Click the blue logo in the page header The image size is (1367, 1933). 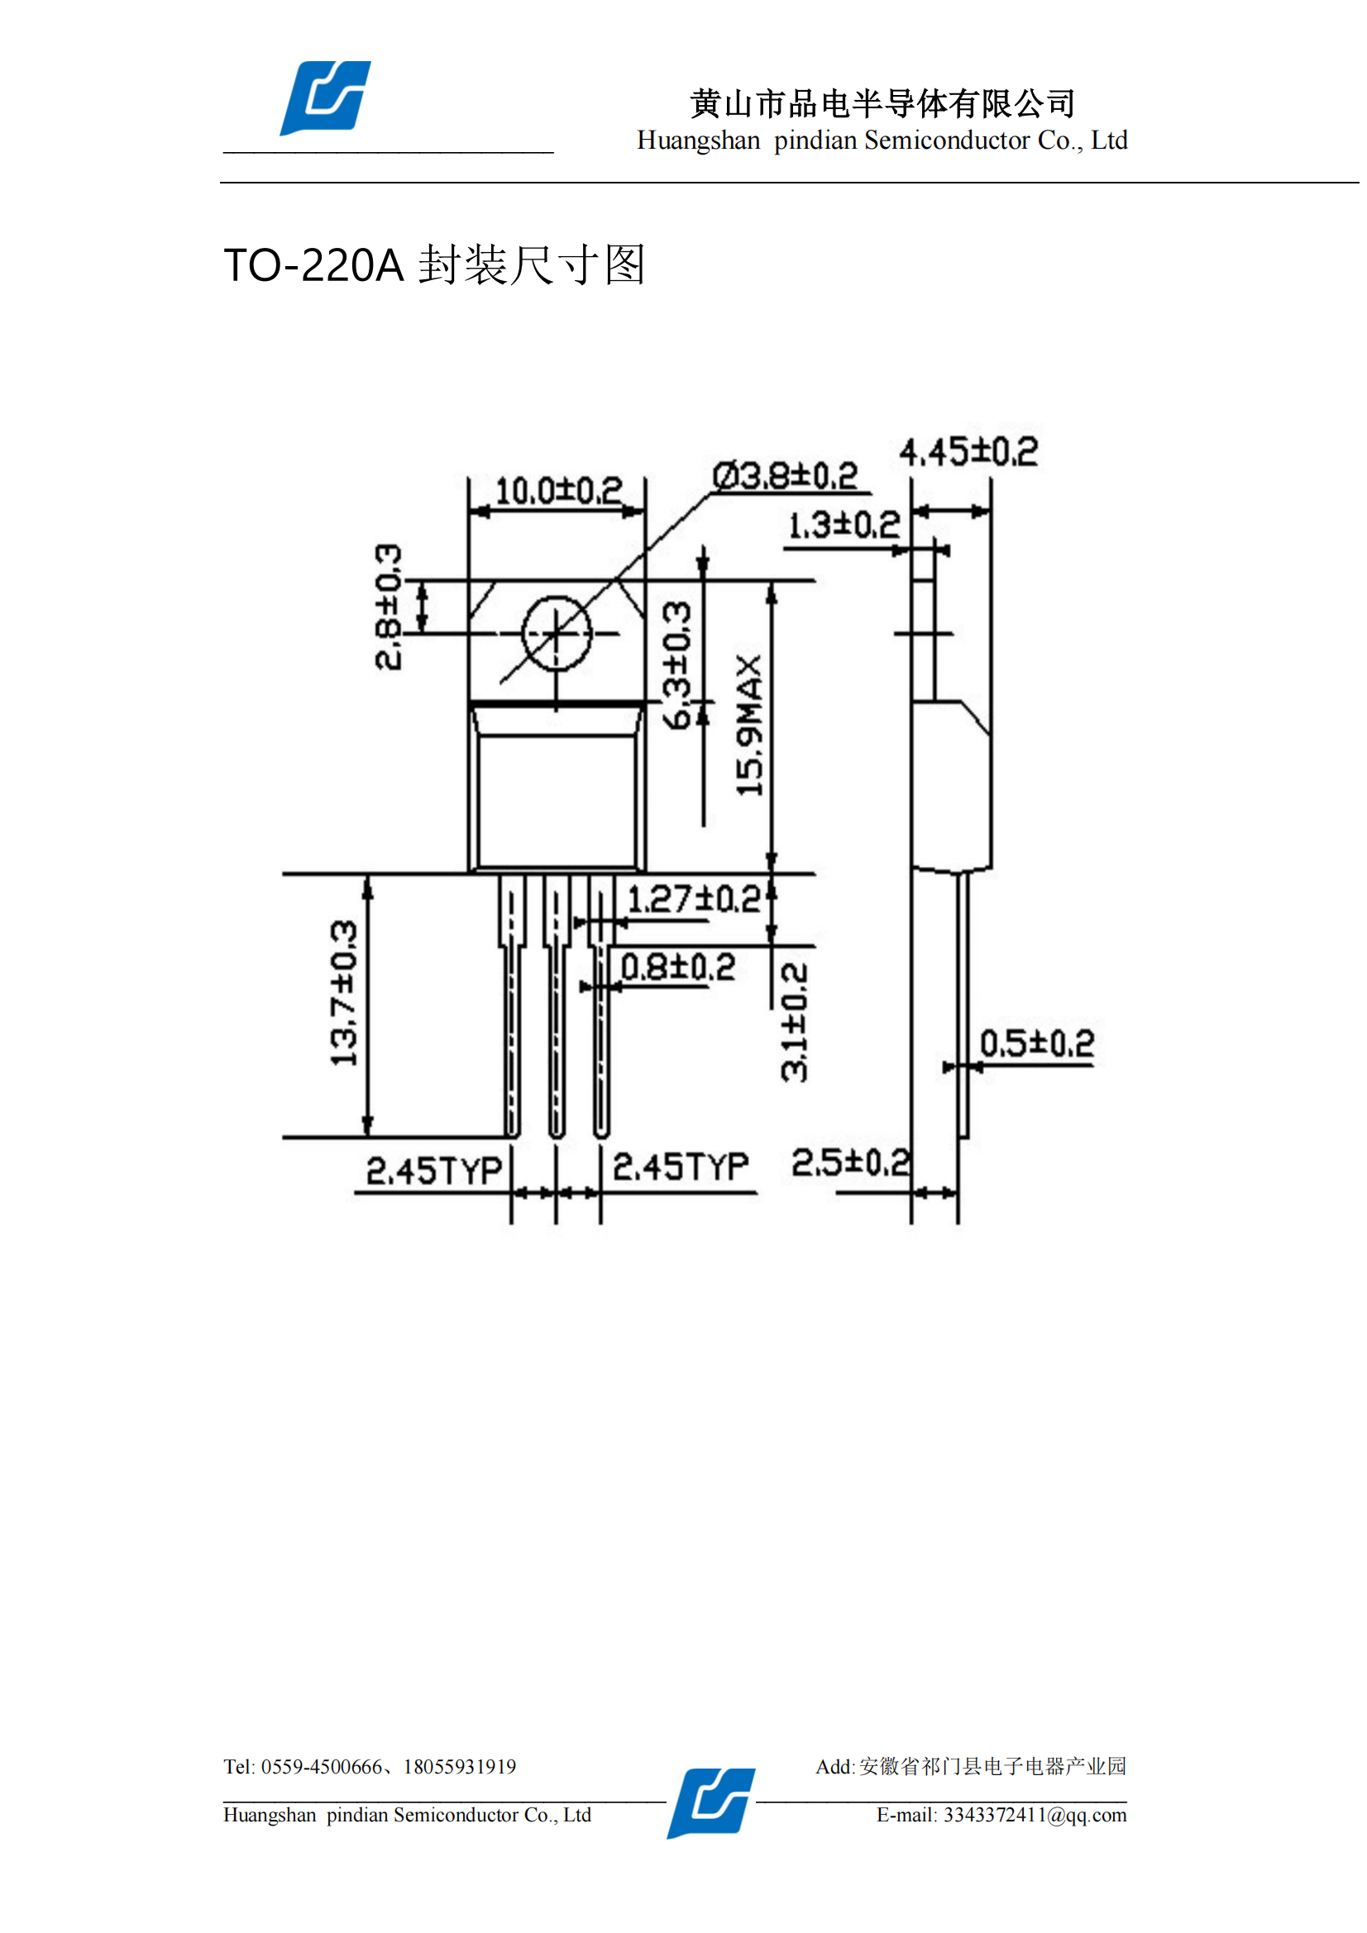(325, 98)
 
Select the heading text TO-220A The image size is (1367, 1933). (314, 265)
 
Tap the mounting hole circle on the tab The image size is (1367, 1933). (557, 633)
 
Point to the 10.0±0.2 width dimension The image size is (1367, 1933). (558, 490)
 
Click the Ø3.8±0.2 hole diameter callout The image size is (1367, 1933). (785, 476)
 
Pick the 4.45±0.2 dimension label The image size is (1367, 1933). (968, 452)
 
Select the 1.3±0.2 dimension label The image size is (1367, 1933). (844, 526)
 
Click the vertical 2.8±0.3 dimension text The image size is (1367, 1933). (389, 607)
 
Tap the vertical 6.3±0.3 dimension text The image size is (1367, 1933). (676, 665)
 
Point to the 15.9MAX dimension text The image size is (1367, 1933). (748, 725)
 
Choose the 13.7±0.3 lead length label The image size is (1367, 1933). (344, 993)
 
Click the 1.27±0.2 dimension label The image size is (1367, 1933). (694, 899)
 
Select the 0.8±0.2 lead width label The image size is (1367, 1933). (678, 967)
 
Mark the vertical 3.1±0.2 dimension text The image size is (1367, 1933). (794, 1022)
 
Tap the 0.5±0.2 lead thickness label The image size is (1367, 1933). (1037, 1044)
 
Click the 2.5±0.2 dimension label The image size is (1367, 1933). (851, 1163)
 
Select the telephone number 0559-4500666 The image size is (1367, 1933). (321, 1766)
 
